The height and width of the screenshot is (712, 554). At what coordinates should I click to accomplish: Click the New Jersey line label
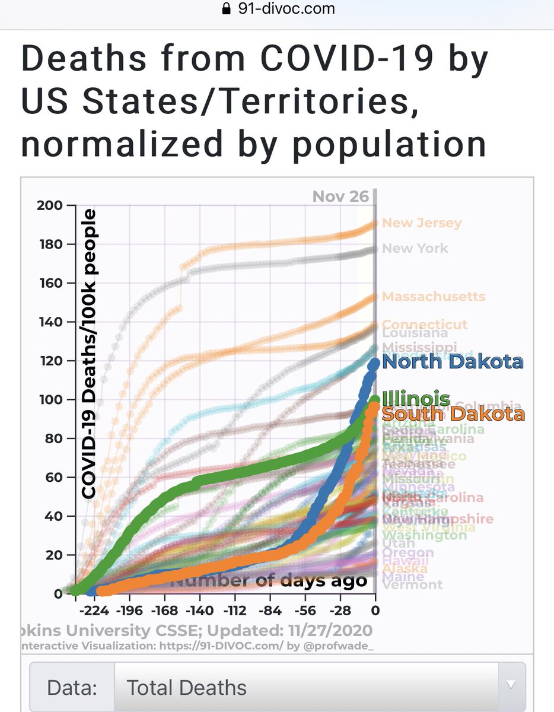421,223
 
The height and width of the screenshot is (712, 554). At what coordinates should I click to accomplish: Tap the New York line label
415,248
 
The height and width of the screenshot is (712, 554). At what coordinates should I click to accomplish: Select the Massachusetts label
433,296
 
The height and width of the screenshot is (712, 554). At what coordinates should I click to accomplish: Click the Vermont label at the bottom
412,585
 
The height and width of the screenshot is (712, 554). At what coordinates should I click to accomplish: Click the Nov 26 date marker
340,196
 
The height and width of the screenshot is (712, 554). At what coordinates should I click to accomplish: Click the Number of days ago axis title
268,580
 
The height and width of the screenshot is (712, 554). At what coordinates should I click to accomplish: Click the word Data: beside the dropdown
71,688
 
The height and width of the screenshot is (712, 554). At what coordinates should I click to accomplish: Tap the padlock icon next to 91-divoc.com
225,9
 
